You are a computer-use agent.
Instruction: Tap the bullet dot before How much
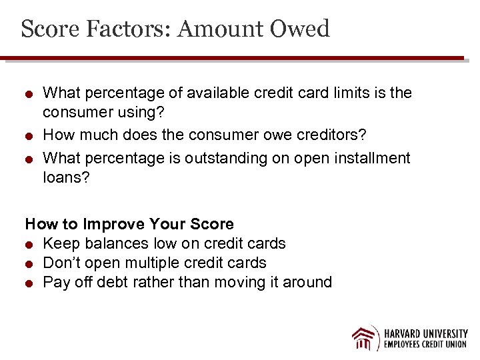click(x=29, y=136)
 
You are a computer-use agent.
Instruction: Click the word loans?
click(x=66, y=179)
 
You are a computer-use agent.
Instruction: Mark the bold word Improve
click(x=119, y=224)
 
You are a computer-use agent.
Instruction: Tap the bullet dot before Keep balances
click(x=29, y=245)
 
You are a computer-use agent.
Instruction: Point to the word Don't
click(x=63, y=263)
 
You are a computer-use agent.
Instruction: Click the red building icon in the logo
click(x=365, y=338)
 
